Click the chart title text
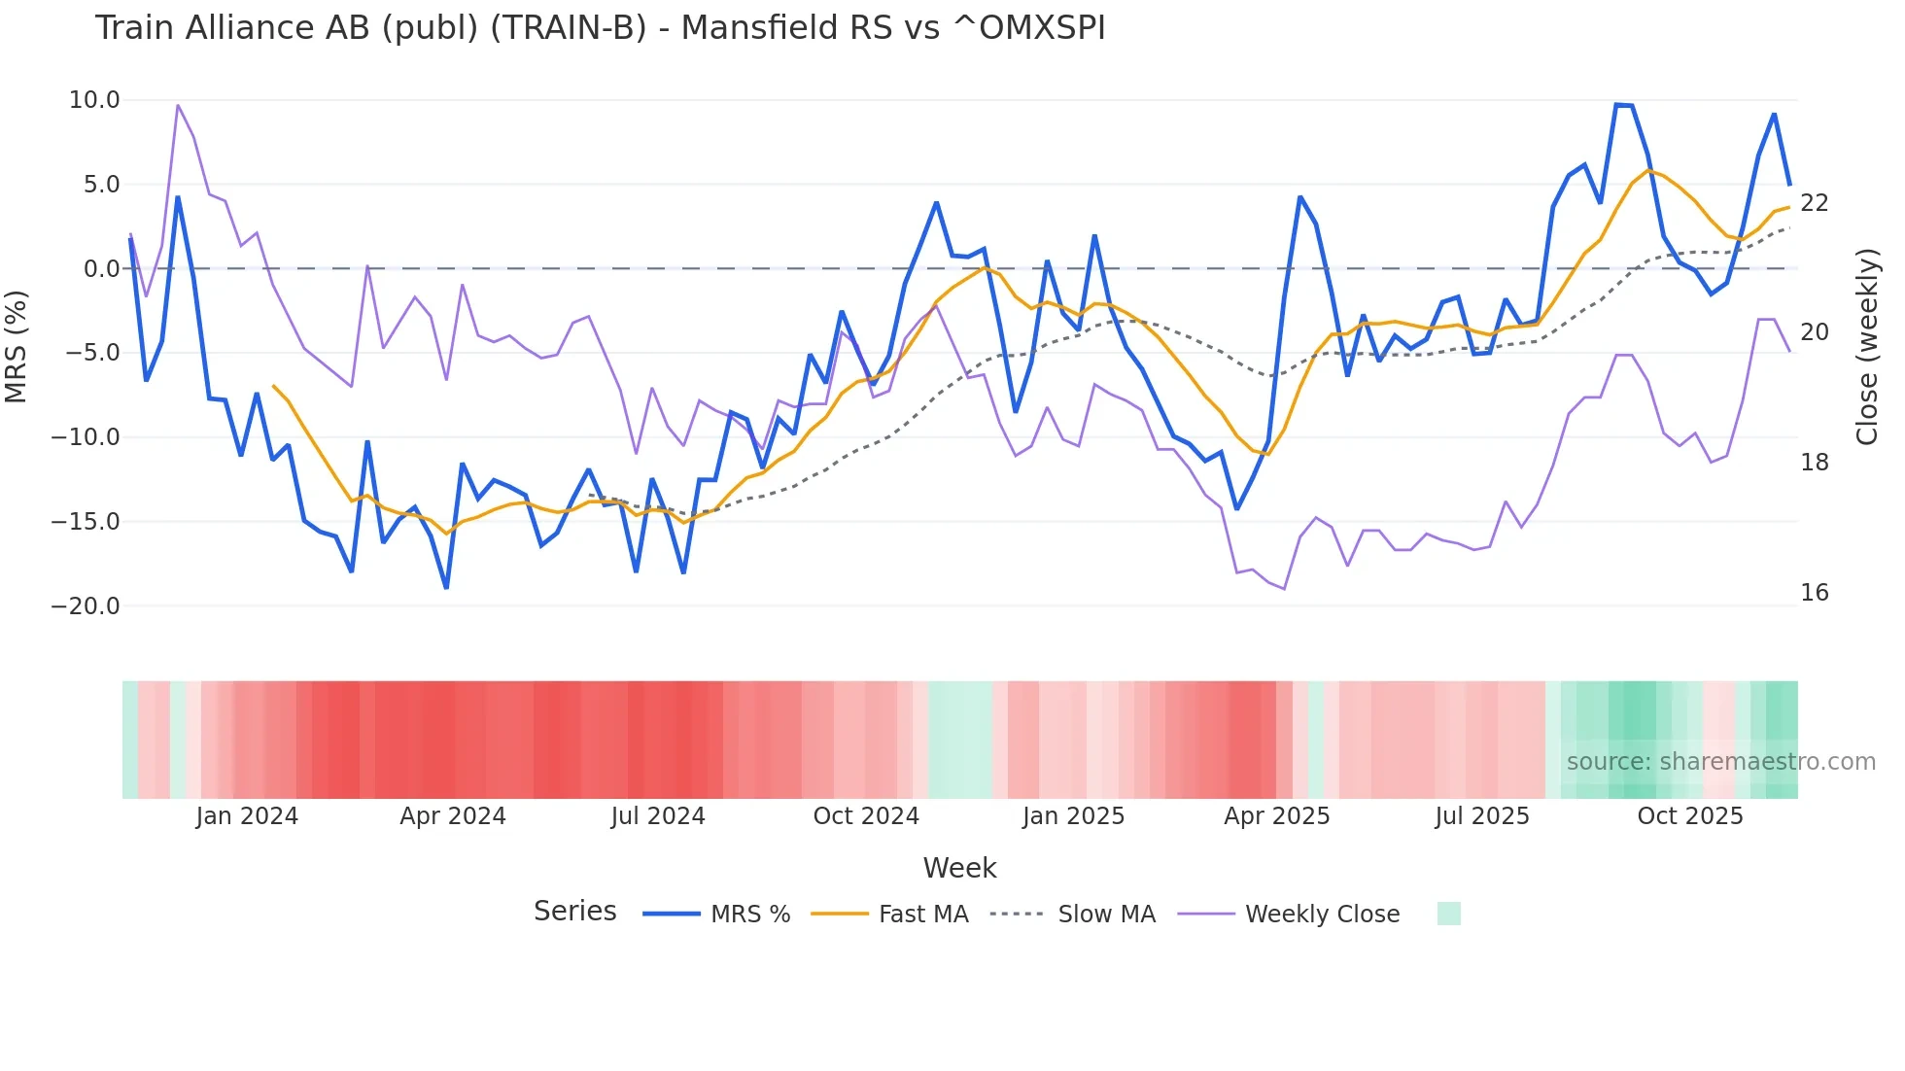pos(600,28)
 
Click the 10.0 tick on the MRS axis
pos(94,100)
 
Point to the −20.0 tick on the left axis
pos(86,606)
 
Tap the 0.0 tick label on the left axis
pos(102,269)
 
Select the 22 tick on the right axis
pos(1814,203)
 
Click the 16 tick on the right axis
pos(1814,593)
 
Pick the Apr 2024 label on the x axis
pos(453,816)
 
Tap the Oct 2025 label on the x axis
pos(1689,816)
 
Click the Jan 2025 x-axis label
pos(1073,816)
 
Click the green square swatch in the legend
pos(1448,914)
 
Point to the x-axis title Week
pos(959,868)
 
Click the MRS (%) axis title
pos(17,346)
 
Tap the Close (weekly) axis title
pos(1866,346)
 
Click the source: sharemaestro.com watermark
pos(1720,762)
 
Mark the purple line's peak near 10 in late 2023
pos(178,105)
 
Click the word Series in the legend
pos(574,912)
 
